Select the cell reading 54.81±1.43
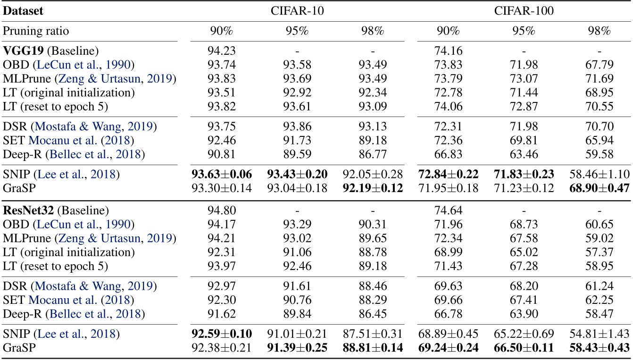click(598, 333)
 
